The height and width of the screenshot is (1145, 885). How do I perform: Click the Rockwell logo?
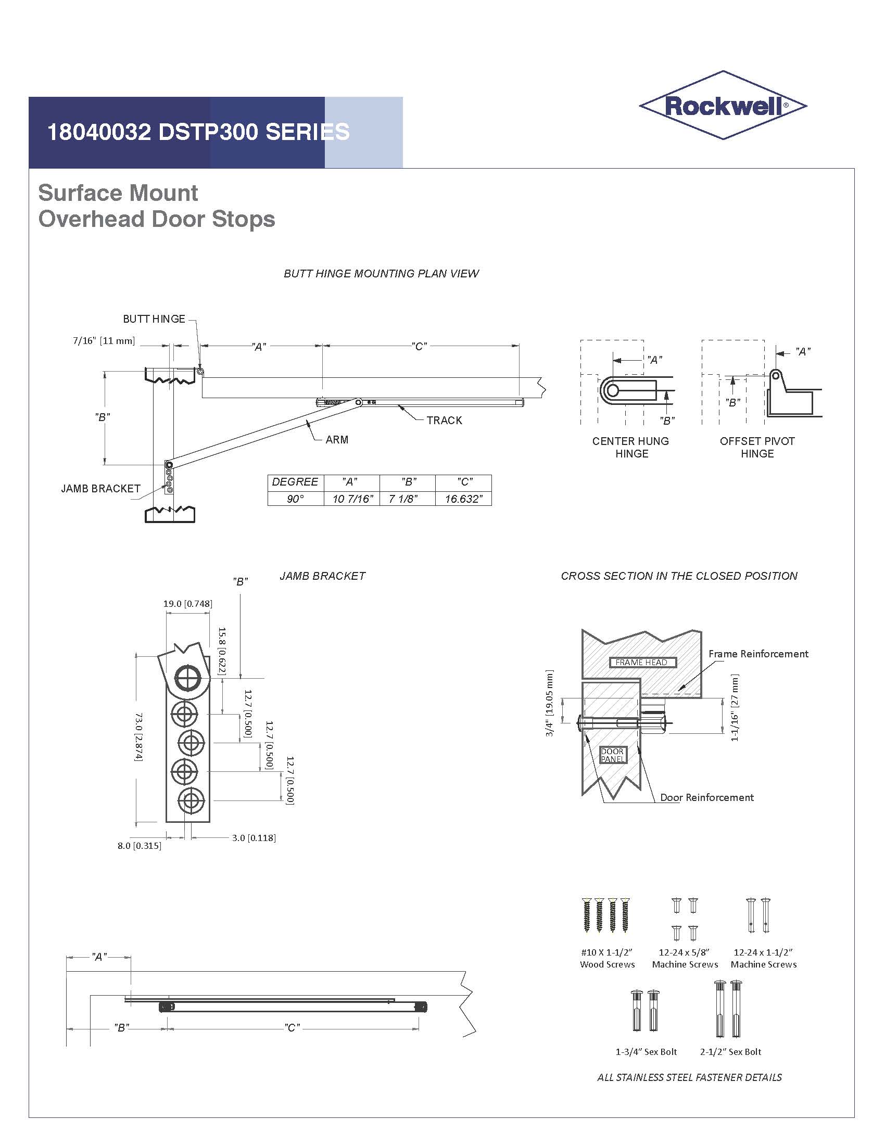coord(723,105)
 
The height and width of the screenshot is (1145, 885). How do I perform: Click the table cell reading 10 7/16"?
coord(352,499)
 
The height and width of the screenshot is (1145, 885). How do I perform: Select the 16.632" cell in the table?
coord(463,499)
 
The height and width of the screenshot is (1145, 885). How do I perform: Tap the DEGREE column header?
coord(295,482)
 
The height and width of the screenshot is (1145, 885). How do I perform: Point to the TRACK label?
coord(444,421)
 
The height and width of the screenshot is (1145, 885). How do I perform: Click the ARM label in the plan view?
coord(337,440)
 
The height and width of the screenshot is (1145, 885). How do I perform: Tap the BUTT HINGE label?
coord(154,319)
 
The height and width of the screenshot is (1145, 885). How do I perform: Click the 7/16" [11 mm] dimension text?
coord(104,341)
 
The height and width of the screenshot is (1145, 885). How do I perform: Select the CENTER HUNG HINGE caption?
coord(631,447)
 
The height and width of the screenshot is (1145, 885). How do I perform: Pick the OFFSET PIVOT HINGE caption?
coord(757,447)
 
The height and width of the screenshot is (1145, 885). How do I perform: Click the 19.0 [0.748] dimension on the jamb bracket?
coord(188,603)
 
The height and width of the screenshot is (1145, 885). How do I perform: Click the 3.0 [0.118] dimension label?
coord(254,838)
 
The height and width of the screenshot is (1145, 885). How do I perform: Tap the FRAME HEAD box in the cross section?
coord(642,662)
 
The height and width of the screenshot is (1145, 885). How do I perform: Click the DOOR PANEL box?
coord(612,755)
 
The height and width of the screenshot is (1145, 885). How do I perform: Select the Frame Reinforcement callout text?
coord(758,654)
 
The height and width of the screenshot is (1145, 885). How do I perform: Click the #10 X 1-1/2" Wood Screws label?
coord(607,958)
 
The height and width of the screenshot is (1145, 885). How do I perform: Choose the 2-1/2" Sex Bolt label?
coord(730,1052)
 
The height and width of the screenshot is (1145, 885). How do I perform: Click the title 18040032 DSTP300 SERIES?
coord(198,132)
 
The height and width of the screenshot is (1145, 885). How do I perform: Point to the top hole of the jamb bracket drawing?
coord(188,679)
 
